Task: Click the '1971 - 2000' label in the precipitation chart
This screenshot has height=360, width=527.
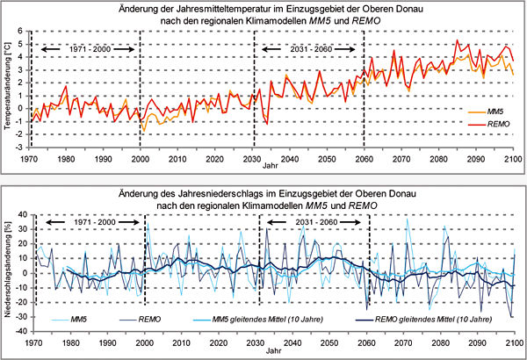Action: coord(89,224)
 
